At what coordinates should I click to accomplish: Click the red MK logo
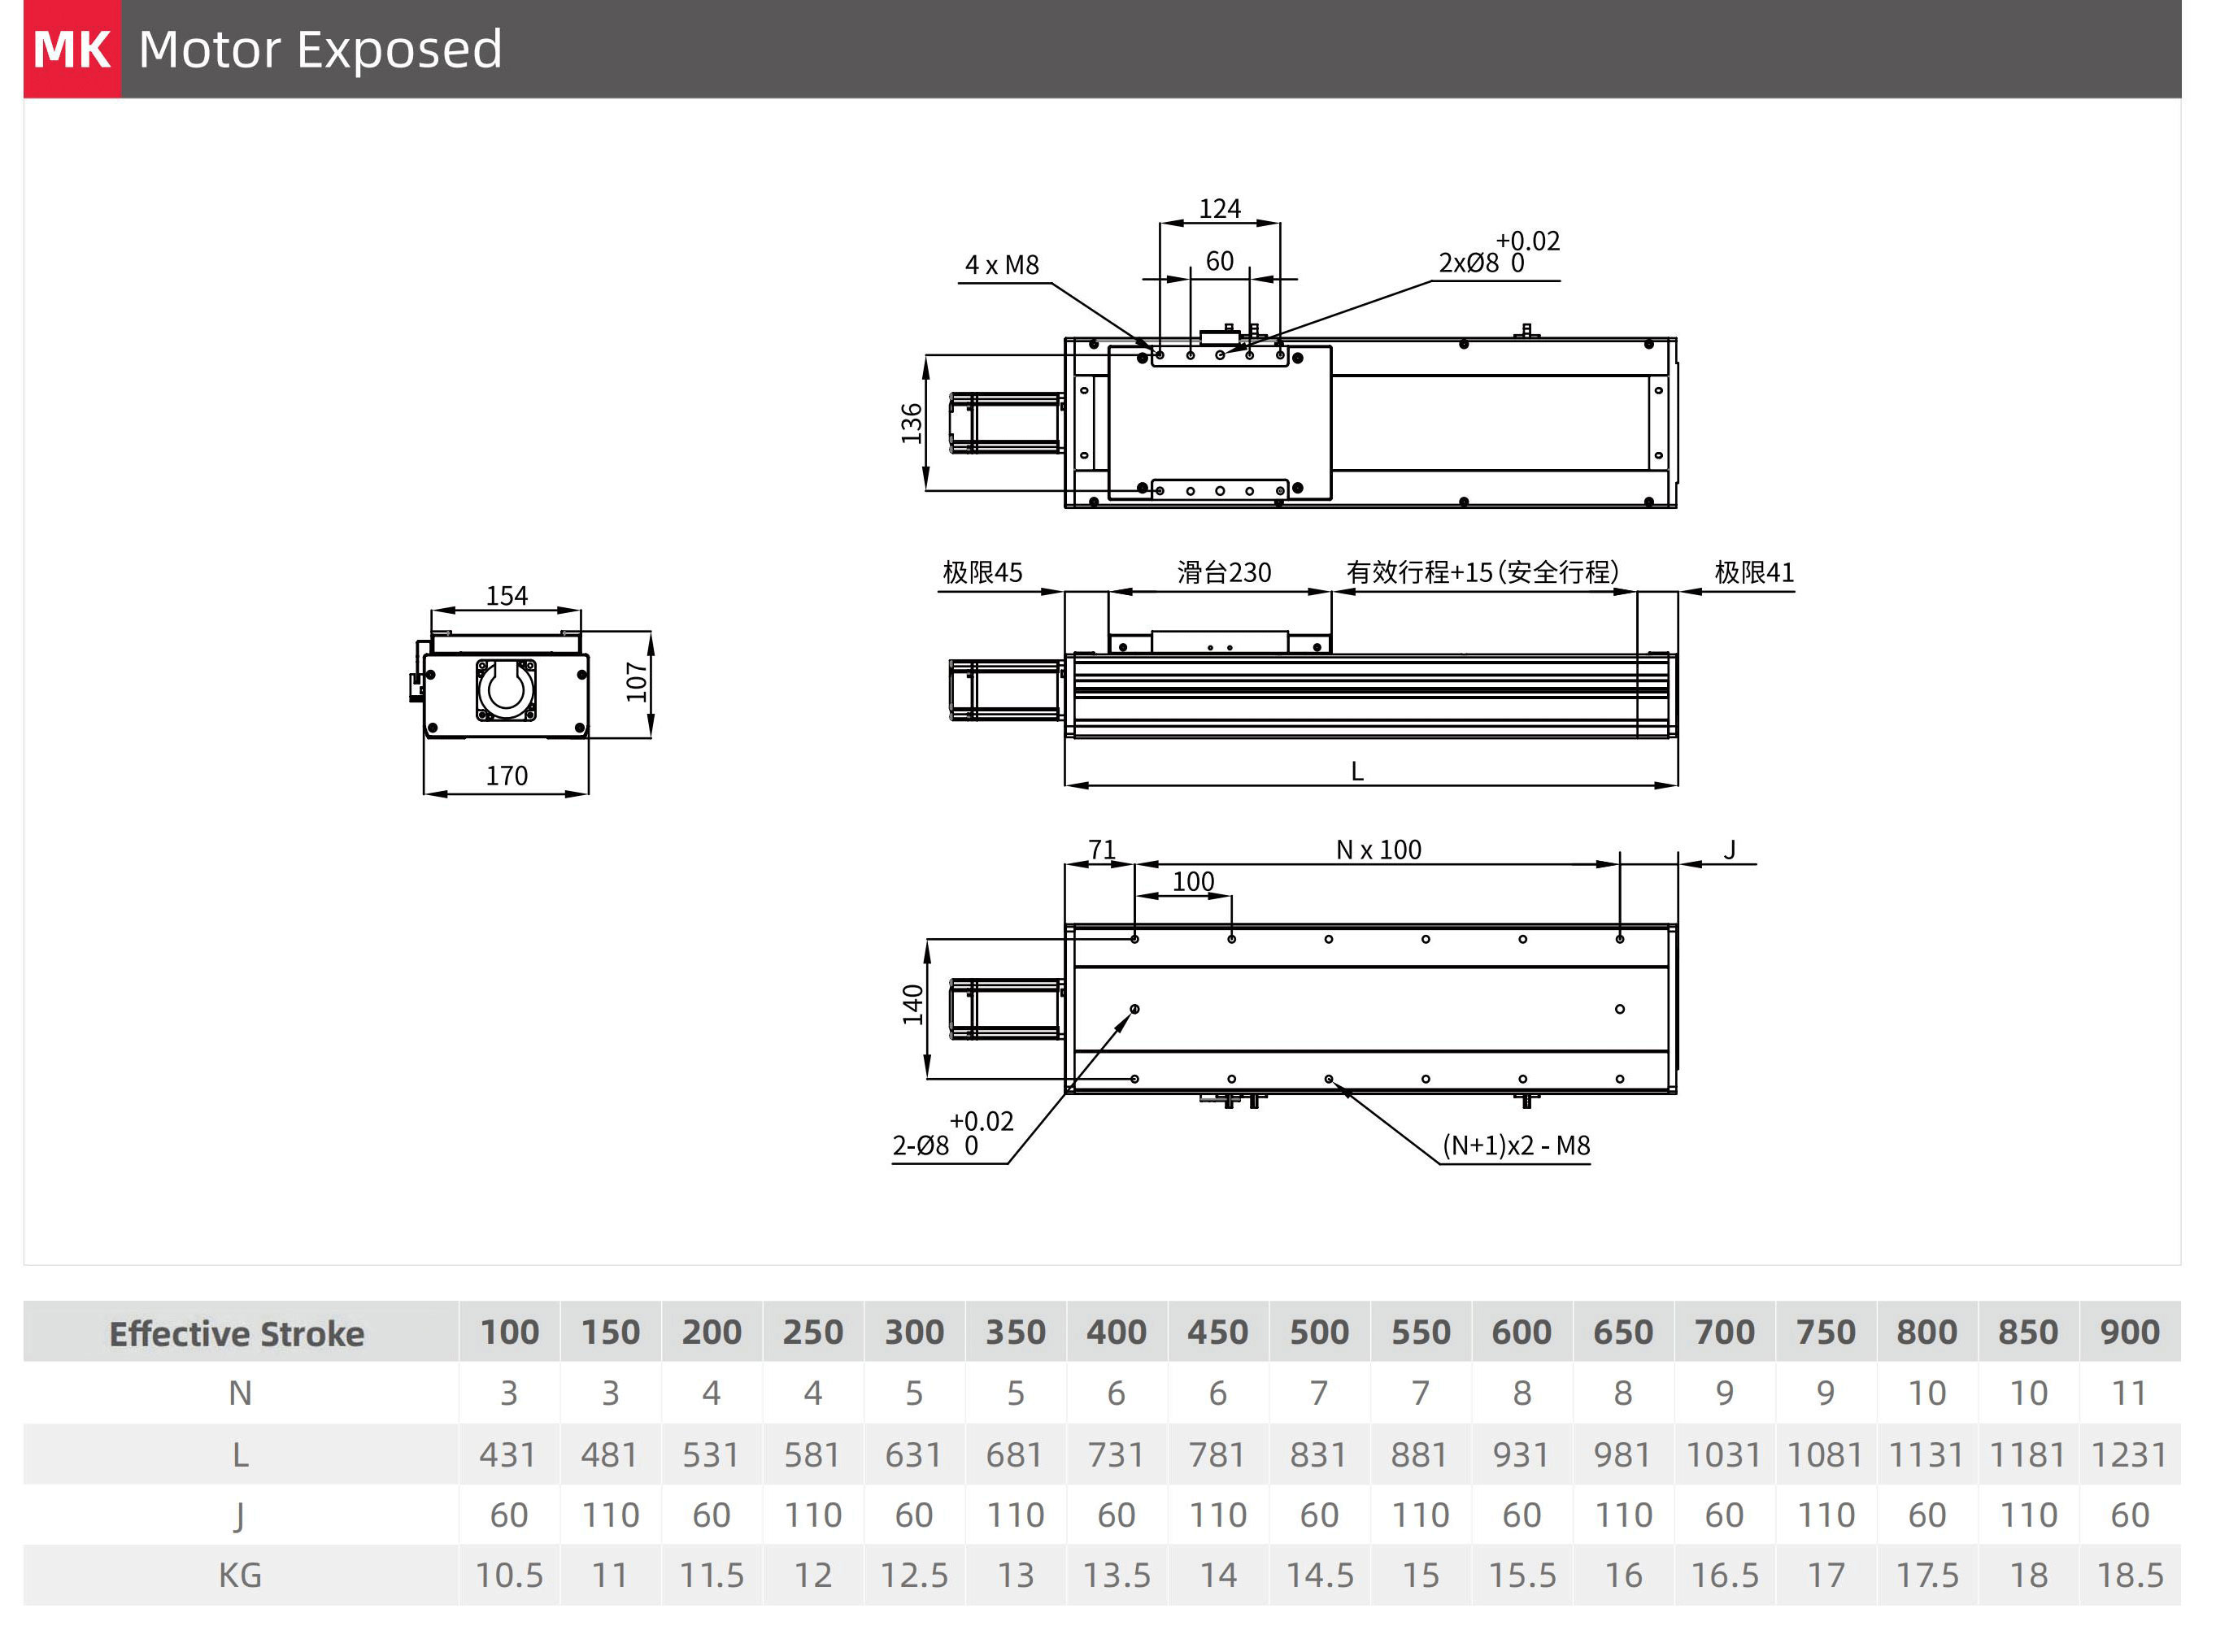[72, 49]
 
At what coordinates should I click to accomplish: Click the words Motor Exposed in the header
[320, 49]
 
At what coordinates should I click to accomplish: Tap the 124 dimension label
[1219, 209]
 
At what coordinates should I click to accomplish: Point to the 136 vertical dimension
[911, 423]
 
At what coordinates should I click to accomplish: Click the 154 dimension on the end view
[507, 596]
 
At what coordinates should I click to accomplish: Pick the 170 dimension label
[507, 776]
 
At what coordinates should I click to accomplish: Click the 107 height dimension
[637, 682]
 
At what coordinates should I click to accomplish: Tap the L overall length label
[1356, 772]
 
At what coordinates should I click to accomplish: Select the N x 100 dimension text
[1378, 850]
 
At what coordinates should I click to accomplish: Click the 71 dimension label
[1101, 850]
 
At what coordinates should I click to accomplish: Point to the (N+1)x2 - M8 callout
[1516, 1145]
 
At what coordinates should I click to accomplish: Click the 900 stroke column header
[2128, 1332]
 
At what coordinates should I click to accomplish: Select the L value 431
[507, 1455]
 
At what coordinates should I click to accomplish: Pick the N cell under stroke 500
[1319, 1393]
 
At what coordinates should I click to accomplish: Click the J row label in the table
[239, 1515]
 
